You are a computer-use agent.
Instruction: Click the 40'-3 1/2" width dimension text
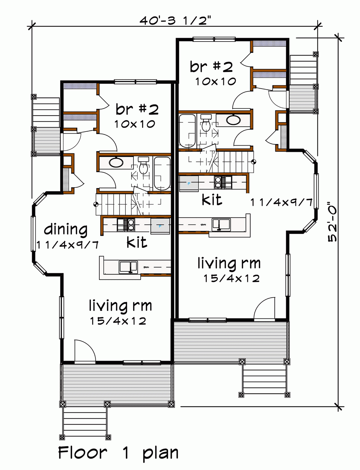(175, 21)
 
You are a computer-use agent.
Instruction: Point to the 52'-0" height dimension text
(332, 222)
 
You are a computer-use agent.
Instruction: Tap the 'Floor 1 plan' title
(118, 453)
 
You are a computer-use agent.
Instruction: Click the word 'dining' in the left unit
(66, 230)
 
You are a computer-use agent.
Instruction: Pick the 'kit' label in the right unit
(212, 199)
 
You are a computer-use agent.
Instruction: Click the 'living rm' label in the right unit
(229, 263)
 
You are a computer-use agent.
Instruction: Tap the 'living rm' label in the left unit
(120, 306)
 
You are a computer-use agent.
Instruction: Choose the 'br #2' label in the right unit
(211, 66)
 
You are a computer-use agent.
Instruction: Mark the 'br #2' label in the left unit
(137, 109)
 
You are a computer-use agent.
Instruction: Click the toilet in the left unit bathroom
(144, 166)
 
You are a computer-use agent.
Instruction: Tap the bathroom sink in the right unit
(233, 120)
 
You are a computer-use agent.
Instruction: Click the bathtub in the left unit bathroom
(162, 173)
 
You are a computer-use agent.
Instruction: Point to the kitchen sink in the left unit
(128, 267)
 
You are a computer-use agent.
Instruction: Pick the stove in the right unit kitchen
(223, 182)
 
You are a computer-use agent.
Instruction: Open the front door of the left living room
(85, 353)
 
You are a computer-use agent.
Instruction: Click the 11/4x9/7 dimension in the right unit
(281, 203)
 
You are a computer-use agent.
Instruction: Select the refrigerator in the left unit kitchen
(160, 226)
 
